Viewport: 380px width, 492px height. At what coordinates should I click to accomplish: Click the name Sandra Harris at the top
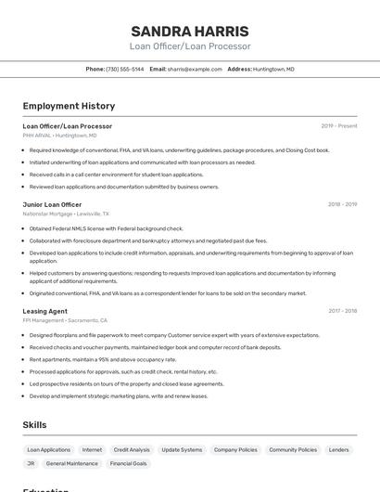tap(189, 31)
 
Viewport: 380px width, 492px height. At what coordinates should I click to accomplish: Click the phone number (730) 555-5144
tap(125, 69)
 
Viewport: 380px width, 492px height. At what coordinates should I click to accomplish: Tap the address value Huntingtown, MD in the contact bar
tap(273, 69)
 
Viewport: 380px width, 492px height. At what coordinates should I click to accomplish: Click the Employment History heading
tap(69, 106)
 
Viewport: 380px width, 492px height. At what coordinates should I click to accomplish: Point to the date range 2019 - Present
tap(338, 126)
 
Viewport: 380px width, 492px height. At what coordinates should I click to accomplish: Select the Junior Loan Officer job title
tap(52, 204)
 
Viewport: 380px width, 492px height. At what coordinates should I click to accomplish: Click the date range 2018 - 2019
tap(342, 204)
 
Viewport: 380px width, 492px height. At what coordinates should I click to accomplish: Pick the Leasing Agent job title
tap(44, 311)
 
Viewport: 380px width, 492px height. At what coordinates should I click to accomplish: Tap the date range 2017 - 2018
tap(342, 311)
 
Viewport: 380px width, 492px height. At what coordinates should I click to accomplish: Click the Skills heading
tap(35, 424)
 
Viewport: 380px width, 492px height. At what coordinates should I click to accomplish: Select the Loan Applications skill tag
tap(48, 449)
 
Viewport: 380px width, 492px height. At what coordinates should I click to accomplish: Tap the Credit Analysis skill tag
tap(132, 449)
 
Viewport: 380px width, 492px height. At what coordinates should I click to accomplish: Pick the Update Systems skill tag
tap(182, 449)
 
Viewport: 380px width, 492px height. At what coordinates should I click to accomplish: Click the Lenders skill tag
tap(339, 449)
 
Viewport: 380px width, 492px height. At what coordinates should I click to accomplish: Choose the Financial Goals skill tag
tap(129, 463)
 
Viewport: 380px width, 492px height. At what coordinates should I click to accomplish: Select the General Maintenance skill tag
tap(72, 463)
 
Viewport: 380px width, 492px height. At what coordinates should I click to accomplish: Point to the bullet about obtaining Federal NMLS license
tap(106, 228)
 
